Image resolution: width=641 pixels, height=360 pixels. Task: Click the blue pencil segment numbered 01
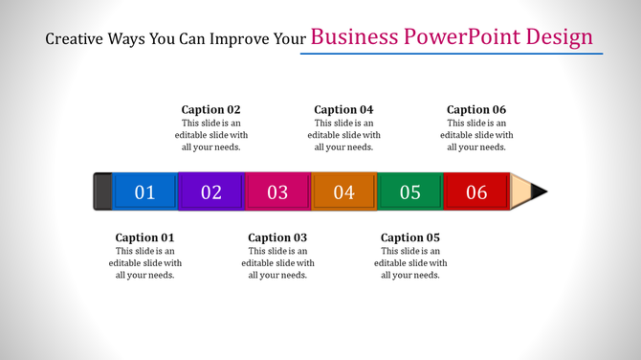tap(144, 191)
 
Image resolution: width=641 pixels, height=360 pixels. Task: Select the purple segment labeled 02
tap(211, 191)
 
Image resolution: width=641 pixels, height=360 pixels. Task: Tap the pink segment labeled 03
tap(277, 191)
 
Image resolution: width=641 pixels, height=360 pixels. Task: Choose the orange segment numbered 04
tap(343, 191)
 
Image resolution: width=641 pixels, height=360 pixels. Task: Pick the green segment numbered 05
tap(409, 191)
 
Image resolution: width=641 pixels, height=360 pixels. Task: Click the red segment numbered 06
tap(476, 191)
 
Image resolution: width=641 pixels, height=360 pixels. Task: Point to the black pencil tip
tap(541, 191)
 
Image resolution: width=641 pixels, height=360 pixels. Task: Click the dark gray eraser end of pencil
tap(102, 191)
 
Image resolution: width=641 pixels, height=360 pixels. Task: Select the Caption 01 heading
tap(144, 237)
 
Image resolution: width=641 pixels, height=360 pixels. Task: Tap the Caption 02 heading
tap(211, 109)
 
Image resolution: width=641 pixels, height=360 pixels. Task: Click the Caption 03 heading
tap(277, 237)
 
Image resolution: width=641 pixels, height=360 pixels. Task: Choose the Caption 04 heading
tap(343, 109)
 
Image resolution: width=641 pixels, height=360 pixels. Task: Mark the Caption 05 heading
tap(409, 237)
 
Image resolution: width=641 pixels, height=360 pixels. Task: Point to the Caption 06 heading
tap(476, 109)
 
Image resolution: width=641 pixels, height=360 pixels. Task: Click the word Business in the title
tap(356, 37)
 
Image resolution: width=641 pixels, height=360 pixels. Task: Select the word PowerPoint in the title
tap(464, 37)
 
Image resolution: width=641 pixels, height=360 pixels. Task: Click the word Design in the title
tap(560, 37)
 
